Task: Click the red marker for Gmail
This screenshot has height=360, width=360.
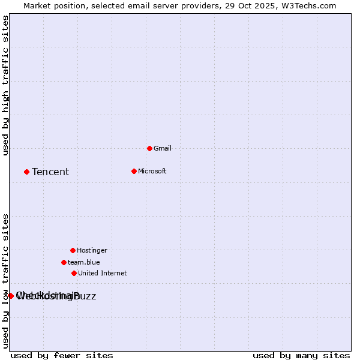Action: coord(149,148)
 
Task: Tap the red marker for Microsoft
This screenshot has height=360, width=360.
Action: coord(134,171)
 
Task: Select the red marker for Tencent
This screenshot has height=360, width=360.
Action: coord(26,172)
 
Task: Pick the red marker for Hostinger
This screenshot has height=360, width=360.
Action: coord(73,250)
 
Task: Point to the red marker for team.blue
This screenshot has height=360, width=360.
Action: coord(64,262)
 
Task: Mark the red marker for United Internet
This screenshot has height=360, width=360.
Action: coord(74,273)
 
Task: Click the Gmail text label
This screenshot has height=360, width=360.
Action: coord(163,149)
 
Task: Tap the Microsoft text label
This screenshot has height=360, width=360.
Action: coord(152,172)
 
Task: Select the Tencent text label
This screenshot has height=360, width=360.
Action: coord(50,172)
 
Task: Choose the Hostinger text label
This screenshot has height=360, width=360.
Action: coord(92,251)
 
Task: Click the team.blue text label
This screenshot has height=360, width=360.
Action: coord(84,263)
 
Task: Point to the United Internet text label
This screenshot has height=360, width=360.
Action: coord(103,274)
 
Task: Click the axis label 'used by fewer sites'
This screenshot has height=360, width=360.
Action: coord(62,356)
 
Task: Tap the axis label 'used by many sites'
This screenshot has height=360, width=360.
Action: coord(301,356)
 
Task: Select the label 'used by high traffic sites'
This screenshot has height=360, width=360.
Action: coord(6,86)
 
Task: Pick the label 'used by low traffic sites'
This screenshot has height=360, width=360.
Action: coord(6,281)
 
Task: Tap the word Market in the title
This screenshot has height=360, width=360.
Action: coord(38,6)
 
